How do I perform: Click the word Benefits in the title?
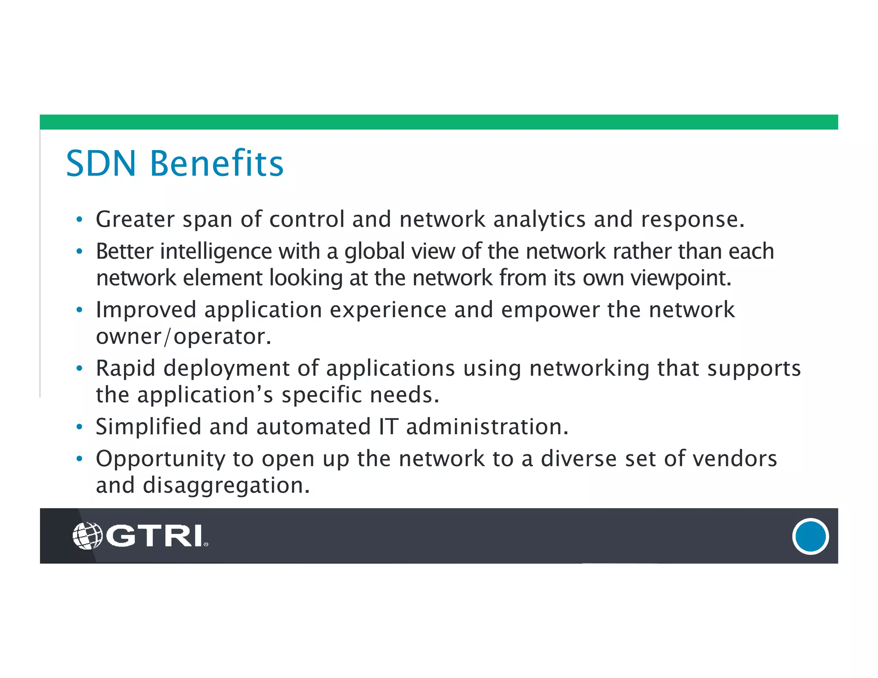click(216, 164)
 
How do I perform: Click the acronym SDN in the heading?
click(101, 164)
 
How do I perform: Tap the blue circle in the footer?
click(810, 536)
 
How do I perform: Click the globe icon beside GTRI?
click(87, 536)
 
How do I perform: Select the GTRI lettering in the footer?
click(154, 536)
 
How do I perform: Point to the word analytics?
click(539, 219)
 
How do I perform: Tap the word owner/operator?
click(183, 336)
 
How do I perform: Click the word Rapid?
click(126, 369)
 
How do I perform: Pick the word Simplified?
click(148, 427)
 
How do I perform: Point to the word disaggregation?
click(226, 486)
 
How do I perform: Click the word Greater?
click(135, 219)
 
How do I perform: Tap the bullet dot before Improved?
click(79, 310)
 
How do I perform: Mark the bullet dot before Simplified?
click(79, 427)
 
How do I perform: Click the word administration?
click(487, 427)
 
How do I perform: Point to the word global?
click(374, 252)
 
